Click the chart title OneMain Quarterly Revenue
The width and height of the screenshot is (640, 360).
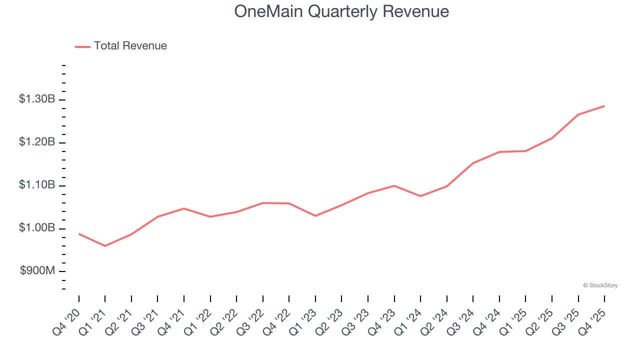coord(341,11)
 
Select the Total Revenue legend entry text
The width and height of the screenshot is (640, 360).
coord(130,46)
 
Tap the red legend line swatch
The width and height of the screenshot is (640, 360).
coord(82,46)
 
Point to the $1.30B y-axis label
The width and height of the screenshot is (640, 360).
coord(37,99)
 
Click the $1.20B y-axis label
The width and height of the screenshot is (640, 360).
coord(37,142)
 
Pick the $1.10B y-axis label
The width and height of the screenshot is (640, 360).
coord(37,185)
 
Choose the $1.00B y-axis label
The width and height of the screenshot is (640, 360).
coord(37,228)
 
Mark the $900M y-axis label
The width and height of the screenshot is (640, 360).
coord(37,271)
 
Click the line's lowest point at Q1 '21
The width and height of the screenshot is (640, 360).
coord(105,246)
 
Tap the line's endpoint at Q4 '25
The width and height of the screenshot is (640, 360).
coord(604,106)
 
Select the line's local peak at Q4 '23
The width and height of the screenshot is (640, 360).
coord(394,185)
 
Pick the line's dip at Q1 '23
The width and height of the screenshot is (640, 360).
coord(315,216)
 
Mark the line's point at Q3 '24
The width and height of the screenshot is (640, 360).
coord(473,163)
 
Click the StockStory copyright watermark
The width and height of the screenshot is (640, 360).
coord(600,285)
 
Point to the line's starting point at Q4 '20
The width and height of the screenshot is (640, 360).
coord(79,233)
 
